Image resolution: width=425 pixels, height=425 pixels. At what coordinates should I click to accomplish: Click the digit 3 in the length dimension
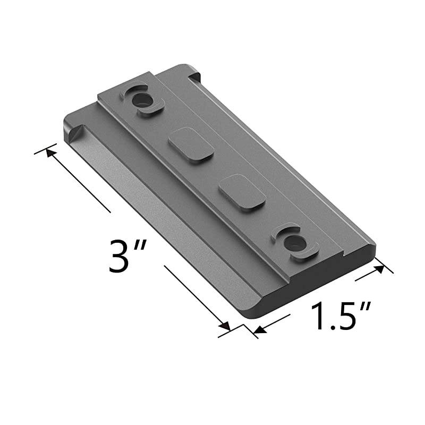click(x=119, y=256)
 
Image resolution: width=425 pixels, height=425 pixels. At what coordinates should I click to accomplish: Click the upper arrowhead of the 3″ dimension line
click(x=51, y=152)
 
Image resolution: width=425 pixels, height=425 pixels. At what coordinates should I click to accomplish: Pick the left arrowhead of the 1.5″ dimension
click(x=259, y=330)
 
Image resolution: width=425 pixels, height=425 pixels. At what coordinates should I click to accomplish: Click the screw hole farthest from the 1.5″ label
click(x=141, y=99)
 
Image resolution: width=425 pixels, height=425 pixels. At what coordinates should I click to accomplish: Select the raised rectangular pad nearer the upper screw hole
click(x=191, y=144)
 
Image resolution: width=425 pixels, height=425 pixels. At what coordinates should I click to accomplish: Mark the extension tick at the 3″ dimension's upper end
click(x=45, y=147)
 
